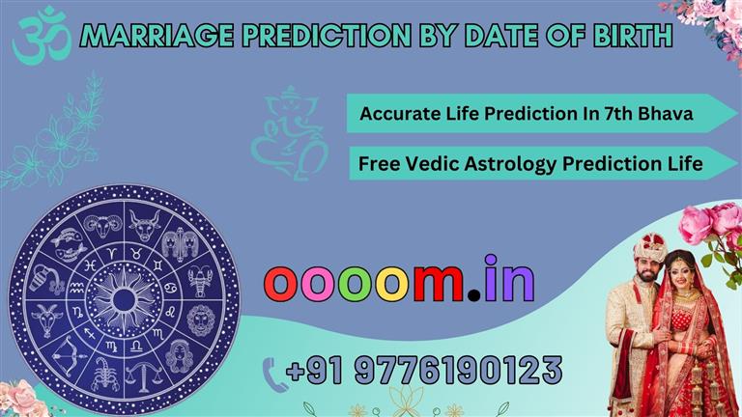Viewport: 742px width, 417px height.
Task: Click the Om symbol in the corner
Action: click(x=42, y=37)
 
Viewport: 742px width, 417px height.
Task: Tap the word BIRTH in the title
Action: click(x=632, y=36)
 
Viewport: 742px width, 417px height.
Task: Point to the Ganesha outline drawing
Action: click(x=290, y=133)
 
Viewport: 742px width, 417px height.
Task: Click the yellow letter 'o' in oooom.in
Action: click(x=394, y=284)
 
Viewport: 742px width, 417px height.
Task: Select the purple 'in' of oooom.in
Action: click(x=510, y=278)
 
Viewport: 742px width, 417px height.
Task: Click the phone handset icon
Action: click(x=275, y=375)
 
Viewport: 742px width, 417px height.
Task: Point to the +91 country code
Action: click(x=314, y=370)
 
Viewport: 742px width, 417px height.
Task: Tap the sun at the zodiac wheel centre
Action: click(x=124, y=299)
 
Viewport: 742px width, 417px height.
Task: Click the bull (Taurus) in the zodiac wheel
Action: click(x=145, y=225)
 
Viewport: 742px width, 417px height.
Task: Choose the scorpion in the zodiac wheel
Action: click(x=106, y=375)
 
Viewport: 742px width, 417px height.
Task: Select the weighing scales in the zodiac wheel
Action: click(x=144, y=376)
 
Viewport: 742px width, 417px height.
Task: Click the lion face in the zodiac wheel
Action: click(x=201, y=320)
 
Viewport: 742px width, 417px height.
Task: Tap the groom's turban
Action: click(x=649, y=247)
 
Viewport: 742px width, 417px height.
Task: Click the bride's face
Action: click(x=681, y=276)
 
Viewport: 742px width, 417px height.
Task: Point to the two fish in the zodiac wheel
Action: click(x=69, y=243)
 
